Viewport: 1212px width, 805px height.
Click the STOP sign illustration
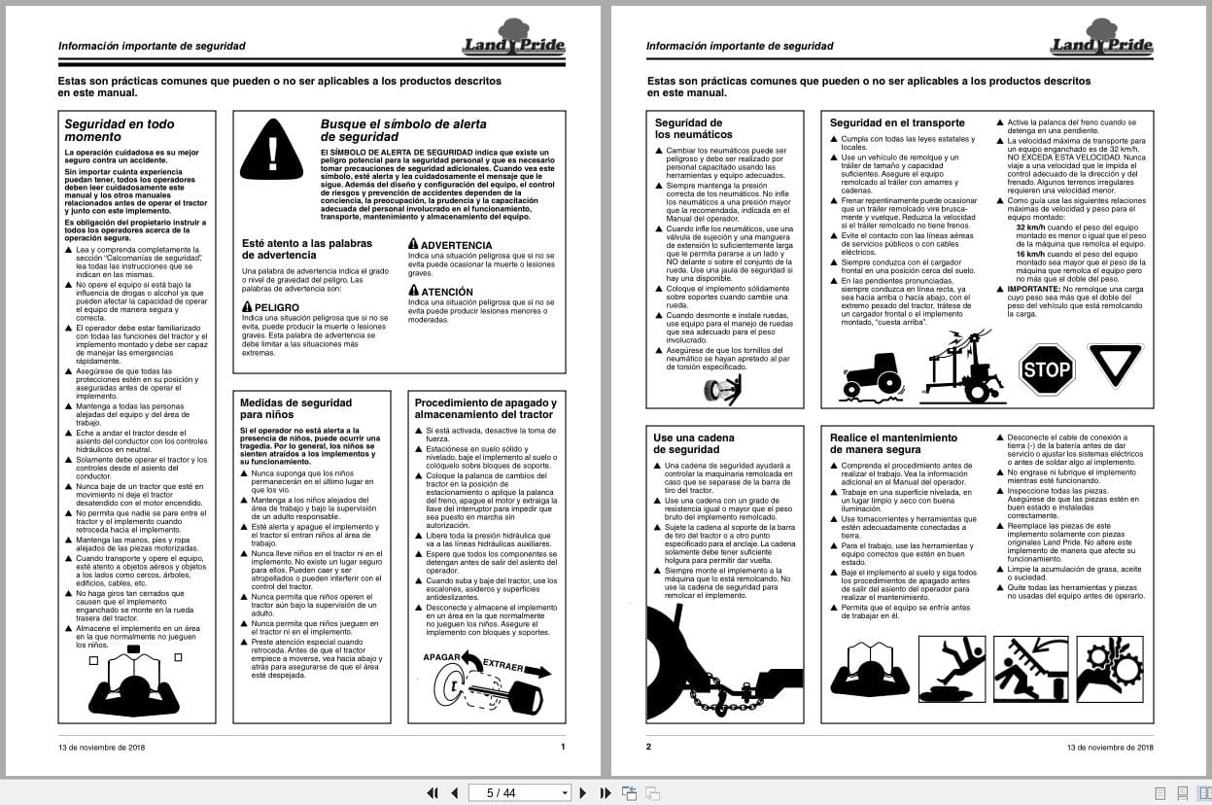click(x=1047, y=369)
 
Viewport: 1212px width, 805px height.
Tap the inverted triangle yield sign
click(x=1115, y=364)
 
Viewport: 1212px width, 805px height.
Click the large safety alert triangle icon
click(x=272, y=152)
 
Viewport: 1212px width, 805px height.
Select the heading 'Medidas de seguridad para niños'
click(x=295, y=408)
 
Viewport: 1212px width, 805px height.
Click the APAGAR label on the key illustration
click(x=441, y=658)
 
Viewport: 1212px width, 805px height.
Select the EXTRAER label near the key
click(x=502, y=668)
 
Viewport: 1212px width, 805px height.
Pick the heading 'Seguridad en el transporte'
click(x=896, y=122)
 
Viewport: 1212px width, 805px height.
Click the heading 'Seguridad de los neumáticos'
click(x=693, y=128)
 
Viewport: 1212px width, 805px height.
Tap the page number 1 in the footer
click(x=563, y=747)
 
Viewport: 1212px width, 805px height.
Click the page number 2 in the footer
click(x=648, y=747)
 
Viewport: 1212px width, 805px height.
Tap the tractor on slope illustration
click(x=871, y=376)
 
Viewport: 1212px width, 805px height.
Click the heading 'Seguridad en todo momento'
click(x=120, y=130)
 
